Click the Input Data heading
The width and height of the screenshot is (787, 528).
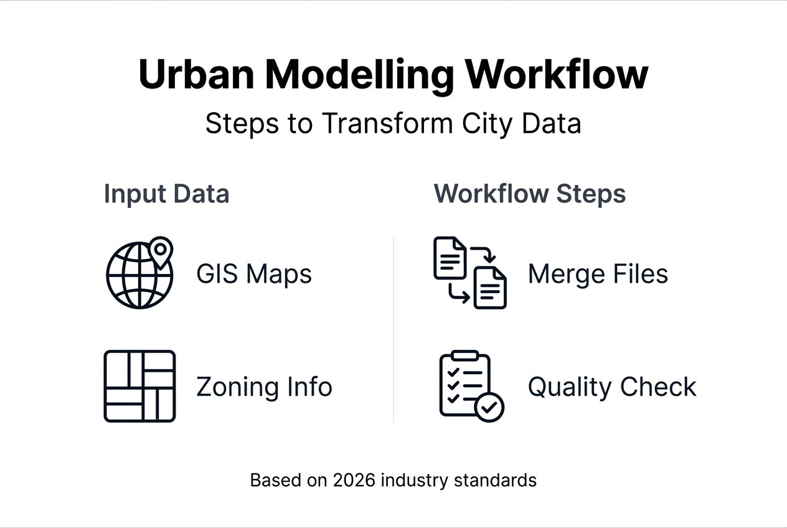click(x=166, y=194)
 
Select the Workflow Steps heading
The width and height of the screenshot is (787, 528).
click(x=529, y=194)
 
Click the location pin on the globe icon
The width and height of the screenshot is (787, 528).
click(x=161, y=250)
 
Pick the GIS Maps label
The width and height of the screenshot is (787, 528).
click(x=254, y=274)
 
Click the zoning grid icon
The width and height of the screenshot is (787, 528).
click(x=139, y=386)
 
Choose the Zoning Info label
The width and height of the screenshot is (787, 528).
click(x=264, y=387)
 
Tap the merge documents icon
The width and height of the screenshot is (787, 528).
click(x=470, y=273)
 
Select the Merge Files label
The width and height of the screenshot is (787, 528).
click(x=598, y=274)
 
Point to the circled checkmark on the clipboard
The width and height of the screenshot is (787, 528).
click(x=489, y=407)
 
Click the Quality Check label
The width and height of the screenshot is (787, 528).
click(x=612, y=387)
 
